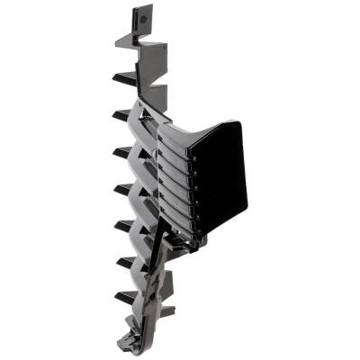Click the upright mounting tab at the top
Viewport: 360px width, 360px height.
coord(141,20)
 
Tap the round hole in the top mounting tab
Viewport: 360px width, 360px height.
coord(139,16)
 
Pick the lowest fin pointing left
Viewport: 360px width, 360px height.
coord(125,295)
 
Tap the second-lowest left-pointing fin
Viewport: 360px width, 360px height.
coord(125,261)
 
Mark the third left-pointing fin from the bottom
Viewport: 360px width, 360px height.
coord(124,225)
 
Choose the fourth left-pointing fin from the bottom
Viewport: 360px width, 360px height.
coord(124,189)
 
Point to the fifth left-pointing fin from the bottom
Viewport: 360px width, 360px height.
coord(124,152)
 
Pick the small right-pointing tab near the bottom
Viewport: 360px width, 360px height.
coord(166,311)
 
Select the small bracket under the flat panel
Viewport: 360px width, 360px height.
coord(193,238)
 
